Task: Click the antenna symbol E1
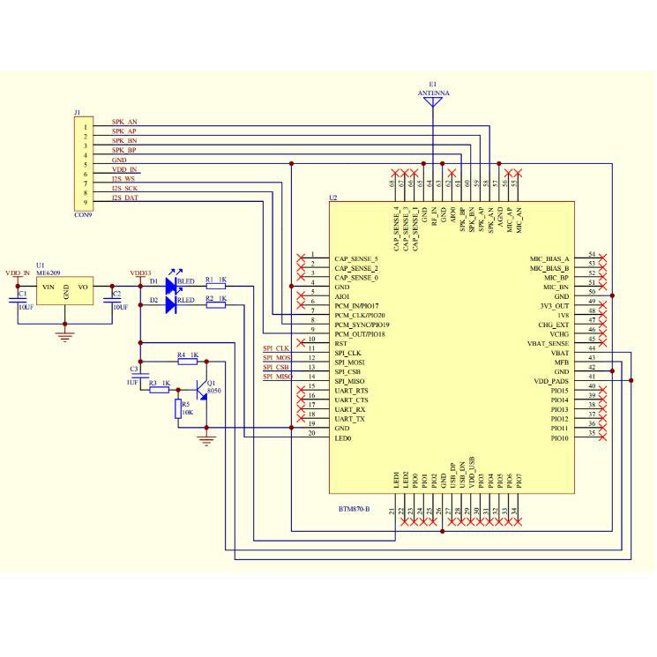(x=432, y=102)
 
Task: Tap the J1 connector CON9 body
(x=87, y=162)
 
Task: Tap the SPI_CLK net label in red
(x=276, y=348)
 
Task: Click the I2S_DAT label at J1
(x=124, y=198)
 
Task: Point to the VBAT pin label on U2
(x=559, y=353)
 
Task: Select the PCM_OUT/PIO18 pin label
(x=360, y=334)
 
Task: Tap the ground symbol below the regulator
(x=64, y=333)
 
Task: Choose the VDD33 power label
(x=140, y=273)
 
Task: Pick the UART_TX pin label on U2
(x=350, y=419)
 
